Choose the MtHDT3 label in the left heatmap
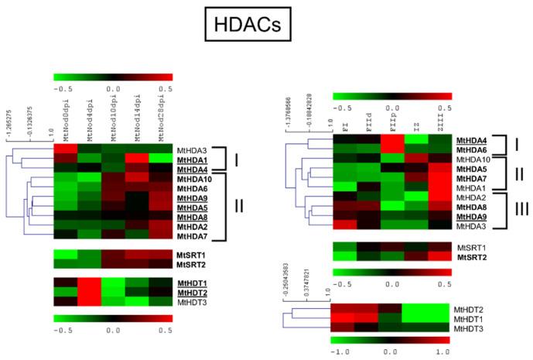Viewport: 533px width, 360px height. pos(193,301)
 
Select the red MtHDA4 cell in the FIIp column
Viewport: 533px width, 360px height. pos(393,139)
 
